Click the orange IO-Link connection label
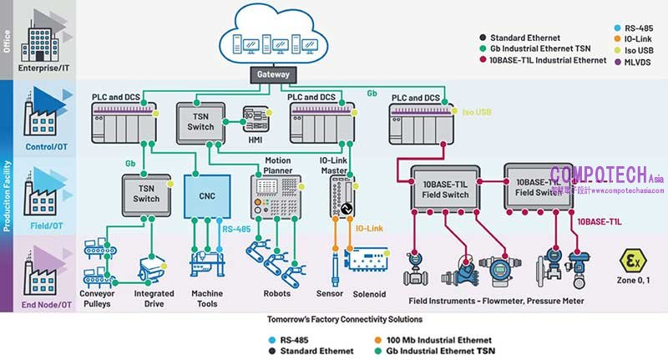click(x=369, y=227)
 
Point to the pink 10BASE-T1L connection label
click(x=601, y=222)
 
